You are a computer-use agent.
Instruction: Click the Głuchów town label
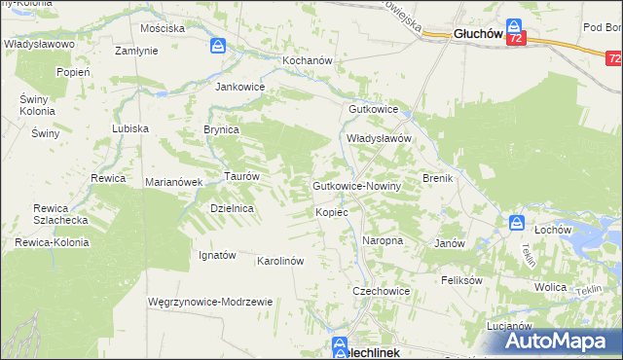[x=476, y=35]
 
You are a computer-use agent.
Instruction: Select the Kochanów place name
[x=308, y=60]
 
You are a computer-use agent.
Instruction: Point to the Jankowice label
[x=240, y=86]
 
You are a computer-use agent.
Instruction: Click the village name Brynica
[x=221, y=128]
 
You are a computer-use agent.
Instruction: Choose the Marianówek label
[x=172, y=182]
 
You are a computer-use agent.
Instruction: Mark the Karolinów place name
[x=281, y=261]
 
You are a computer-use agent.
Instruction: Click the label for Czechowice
[x=381, y=291]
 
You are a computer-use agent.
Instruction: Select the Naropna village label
[x=383, y=239]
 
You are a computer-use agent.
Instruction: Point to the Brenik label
[x=439, y=179]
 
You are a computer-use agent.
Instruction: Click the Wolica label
[x=551, y=288]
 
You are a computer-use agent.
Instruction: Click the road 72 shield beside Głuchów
[x=516, y=38]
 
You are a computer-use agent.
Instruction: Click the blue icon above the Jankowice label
[x=219, y=46]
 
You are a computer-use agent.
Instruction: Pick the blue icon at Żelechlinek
[x=339, y=344]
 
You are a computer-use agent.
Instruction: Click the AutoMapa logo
[x=562, y=340]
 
